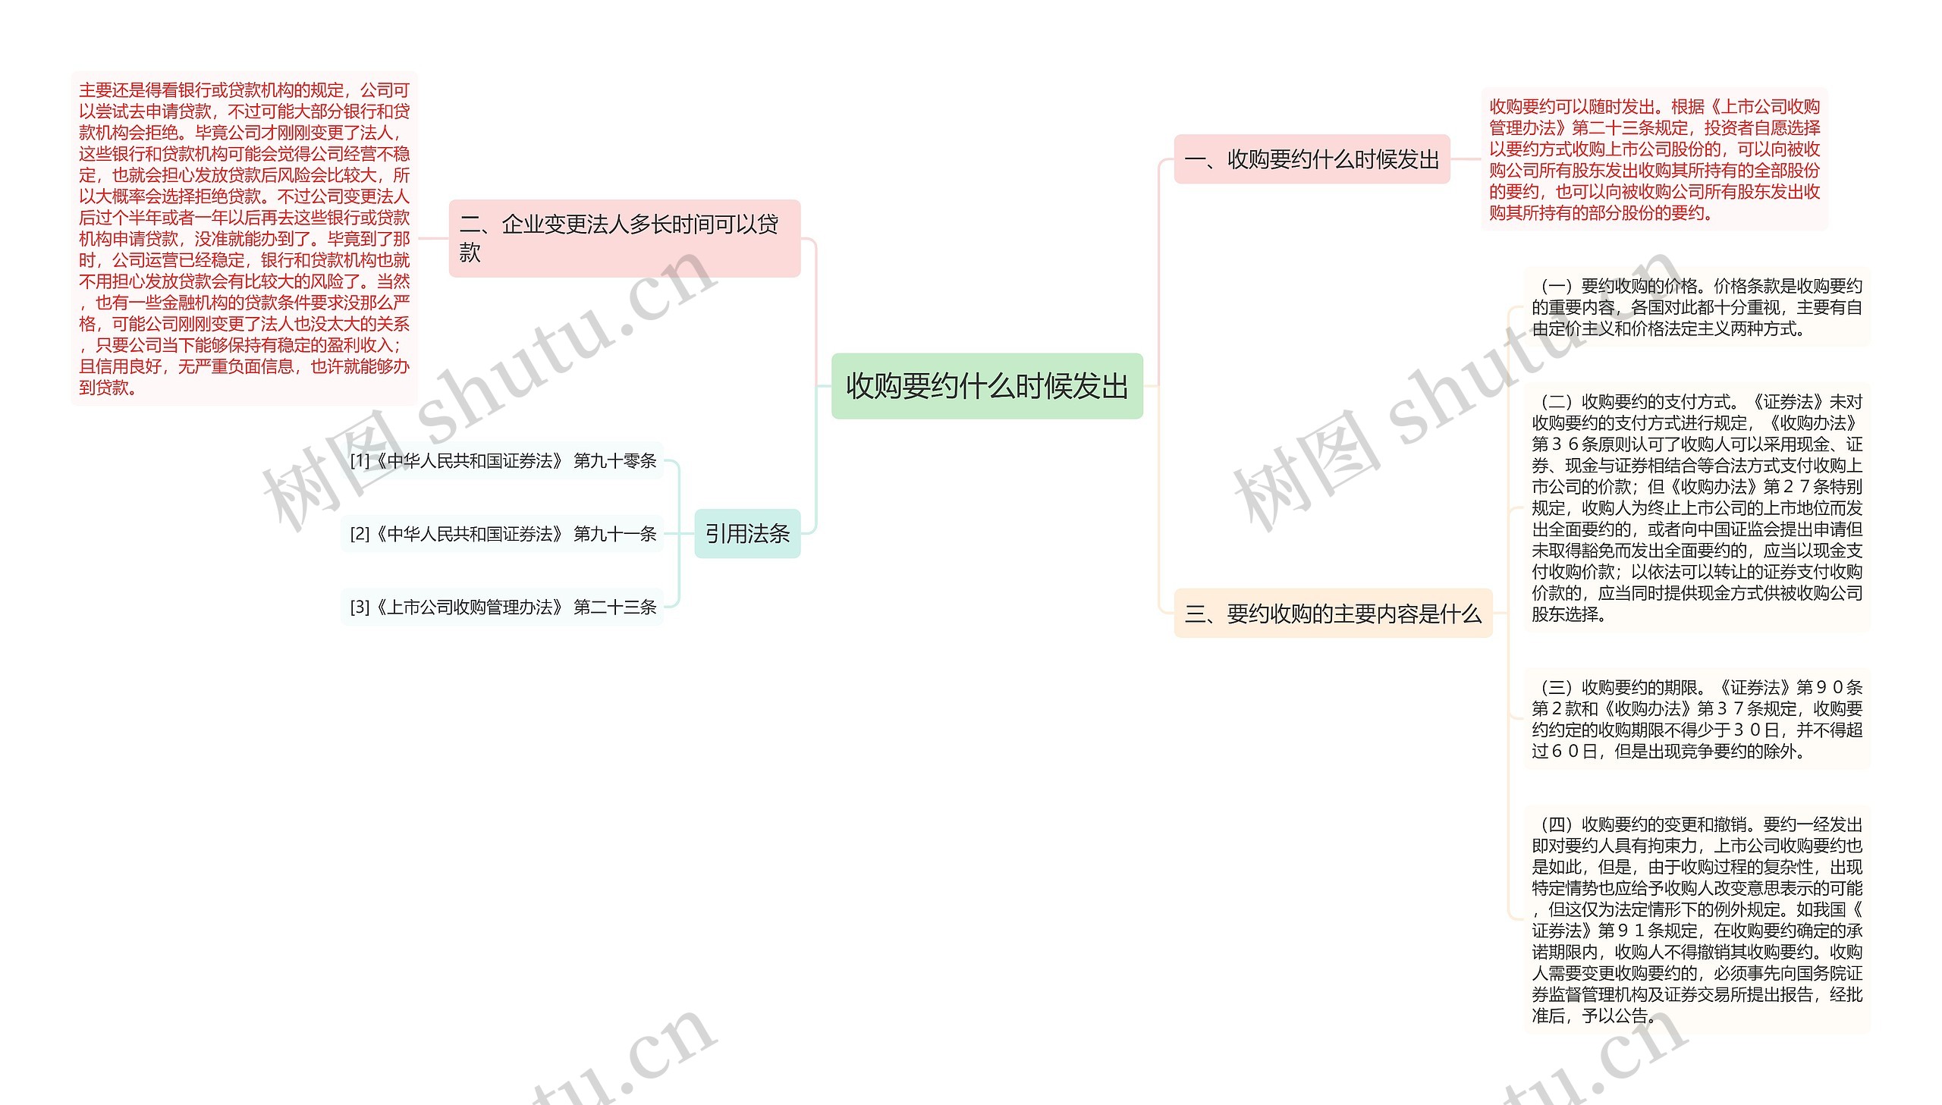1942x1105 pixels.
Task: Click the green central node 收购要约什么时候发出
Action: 987,386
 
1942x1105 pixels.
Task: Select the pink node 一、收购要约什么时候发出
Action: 1312,159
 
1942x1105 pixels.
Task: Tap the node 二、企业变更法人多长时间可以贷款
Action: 624,238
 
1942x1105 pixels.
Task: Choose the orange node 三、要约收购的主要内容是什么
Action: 1333,614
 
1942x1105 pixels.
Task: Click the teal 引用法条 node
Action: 746,533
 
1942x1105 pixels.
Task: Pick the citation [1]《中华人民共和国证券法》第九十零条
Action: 502,460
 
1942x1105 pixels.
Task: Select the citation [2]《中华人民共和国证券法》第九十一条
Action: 502,533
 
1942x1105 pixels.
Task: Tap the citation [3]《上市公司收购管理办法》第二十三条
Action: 502,607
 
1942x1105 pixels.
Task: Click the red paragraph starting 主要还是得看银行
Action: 244,238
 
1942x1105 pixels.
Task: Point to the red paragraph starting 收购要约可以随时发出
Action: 1654,159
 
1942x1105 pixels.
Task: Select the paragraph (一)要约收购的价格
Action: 1696,307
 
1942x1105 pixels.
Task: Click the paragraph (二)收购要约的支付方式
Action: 1696,507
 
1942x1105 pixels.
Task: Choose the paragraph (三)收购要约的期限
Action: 1696,719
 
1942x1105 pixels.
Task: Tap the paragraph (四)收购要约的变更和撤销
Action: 1696,919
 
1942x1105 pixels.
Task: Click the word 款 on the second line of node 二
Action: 470,253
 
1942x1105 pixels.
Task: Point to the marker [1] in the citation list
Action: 360,460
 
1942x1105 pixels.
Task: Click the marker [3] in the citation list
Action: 360,607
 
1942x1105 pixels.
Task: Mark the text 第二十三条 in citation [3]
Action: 614,607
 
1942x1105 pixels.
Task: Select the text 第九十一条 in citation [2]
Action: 614,533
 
